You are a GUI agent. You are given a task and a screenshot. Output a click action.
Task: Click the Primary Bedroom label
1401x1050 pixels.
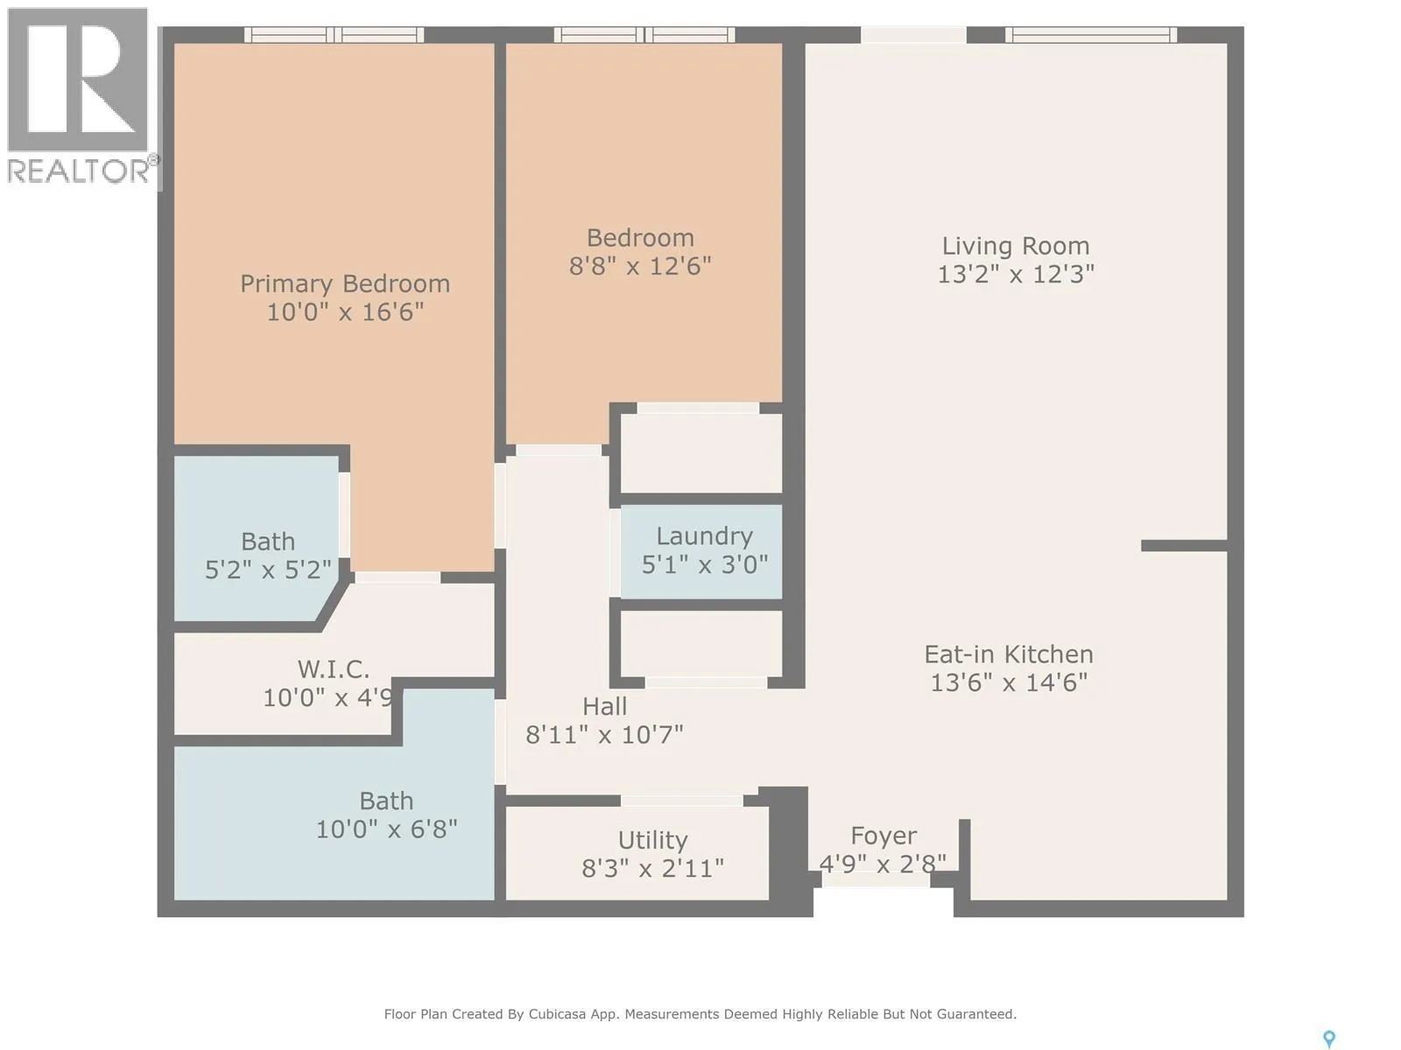click(x=345, y=283)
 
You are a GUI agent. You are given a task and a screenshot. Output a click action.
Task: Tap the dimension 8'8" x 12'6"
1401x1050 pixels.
click(x=640, y=266)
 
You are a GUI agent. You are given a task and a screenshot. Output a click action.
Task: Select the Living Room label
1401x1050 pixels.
click(x=1016, y=246)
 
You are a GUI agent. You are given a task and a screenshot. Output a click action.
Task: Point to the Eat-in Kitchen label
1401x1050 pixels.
click(x=1009, y=654)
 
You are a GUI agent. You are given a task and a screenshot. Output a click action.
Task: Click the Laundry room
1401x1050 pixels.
click(x=701, y=552)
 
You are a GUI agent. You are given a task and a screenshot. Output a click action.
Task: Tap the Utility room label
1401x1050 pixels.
click(x=652, y=841)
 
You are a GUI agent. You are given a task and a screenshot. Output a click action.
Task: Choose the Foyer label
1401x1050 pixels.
click(x=884, y=836)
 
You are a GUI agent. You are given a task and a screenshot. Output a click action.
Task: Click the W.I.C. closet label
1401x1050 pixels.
click(x=334, y=669)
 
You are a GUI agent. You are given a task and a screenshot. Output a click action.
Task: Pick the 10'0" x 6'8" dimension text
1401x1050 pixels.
click(x=387, y=829)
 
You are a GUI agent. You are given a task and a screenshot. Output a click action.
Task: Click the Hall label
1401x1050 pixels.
click(x=604, y=706)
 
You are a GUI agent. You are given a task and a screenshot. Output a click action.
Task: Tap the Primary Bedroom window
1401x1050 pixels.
click(x=334, y=35)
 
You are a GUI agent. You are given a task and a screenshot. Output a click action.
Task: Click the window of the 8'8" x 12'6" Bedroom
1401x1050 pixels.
click(x=644, y=35)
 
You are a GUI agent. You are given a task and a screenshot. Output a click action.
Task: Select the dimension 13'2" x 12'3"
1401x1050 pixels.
click(x=1016, y=274)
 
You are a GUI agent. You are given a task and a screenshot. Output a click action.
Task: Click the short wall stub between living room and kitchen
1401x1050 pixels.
click(x=1184, y=546)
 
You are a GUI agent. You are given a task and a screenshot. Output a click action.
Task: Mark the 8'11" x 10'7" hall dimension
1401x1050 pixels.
click(x=604, y=735)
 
